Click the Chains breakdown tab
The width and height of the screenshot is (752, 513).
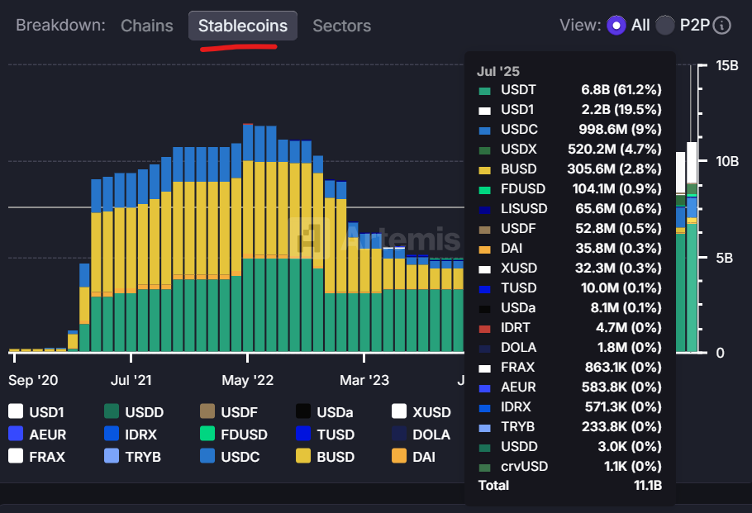coord(147,26)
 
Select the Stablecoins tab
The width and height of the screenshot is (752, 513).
coord(243,26)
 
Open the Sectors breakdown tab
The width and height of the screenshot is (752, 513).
coord(341,26)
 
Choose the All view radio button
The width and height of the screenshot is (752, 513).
coord(616,26)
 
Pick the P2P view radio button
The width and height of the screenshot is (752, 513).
coord(665,26)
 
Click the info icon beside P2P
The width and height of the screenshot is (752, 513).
coord(721,26)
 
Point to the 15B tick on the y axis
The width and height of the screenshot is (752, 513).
coord(727,65)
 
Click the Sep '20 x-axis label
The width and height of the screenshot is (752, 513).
coord(33,381)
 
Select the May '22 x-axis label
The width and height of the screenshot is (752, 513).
coord(247,381)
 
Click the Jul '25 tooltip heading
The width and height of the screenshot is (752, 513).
coord(499,72)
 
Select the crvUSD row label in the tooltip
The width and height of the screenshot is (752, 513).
coord(524,466)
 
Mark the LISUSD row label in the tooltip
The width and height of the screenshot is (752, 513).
coord(524,209)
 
